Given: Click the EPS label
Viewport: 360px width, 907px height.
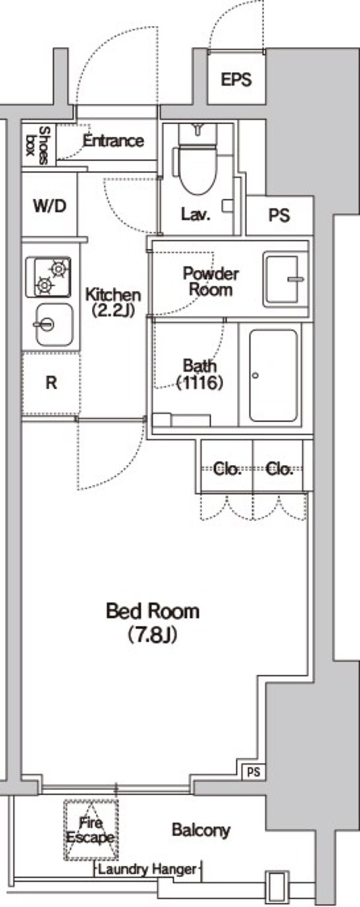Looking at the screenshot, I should pyautogui.click(x=236, y=80).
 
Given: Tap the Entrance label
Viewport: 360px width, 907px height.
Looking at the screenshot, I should pyautogui.click(x=113, y=142).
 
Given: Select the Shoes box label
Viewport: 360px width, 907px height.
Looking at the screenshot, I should pyautogui.click(x=38, y=145).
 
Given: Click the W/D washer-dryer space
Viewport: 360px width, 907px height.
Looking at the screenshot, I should pyautogui.click(x=49, y=206).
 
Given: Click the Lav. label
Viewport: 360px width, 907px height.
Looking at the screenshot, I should pyautogui.click(x=196, y=215).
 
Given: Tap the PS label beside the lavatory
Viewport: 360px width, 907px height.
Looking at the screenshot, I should pyautogui.click(x=279, y=215).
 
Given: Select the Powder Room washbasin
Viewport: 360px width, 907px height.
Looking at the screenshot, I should pyautogui.click(x=286, y=278).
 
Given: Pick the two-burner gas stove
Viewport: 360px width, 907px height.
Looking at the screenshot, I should pyautogui.click(x=49, y=277).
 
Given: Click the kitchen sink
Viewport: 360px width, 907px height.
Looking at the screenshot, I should pyautogui.click(x=53, y=325).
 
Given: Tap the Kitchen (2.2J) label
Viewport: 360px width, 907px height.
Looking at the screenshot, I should pyautogui.click(x=113, y=302).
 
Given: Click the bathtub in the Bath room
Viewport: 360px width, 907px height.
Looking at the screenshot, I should pyautogui.click(x=274, y=376).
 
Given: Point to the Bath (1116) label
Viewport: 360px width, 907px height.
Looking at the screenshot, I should pyautogui.click(x=200, y=374).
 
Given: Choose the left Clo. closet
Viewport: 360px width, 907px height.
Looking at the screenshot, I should pyautogui.click(x=227, y=468).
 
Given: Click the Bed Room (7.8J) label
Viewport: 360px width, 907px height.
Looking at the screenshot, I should pyautogui.click(x=152, y=622).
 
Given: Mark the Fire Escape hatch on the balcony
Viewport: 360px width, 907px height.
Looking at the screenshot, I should pyautogui.click(x=91, y=830).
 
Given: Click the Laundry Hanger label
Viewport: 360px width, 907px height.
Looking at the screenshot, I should pyautogui.click(x=147, y=869).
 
